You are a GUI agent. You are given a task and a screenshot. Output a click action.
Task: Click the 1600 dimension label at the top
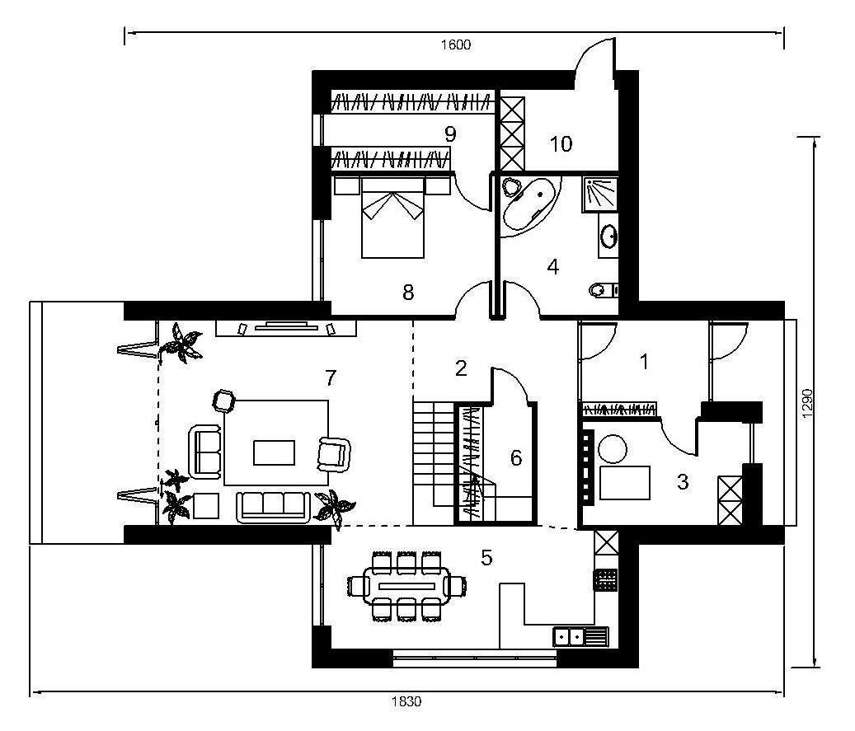click(456, 45)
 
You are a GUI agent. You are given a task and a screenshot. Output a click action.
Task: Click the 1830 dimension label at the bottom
click(406, 701)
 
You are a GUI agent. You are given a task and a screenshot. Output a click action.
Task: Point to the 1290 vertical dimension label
click(807, 403)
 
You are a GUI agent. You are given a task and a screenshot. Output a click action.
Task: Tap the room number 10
click(561, 144)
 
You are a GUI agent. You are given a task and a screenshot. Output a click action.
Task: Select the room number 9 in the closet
click(450, 134)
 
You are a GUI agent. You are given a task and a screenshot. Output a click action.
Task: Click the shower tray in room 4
click(600, 194)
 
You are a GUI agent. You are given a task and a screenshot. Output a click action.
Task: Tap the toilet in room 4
click(603, 289)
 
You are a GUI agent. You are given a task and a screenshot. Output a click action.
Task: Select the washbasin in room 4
click(608, 236)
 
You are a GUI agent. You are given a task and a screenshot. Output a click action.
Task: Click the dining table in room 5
click(406, 586)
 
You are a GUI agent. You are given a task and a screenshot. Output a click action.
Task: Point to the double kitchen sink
click(580, 637)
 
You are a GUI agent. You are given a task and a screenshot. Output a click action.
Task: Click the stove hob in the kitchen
click(605, 579)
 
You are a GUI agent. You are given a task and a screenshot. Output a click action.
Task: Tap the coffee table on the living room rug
click(275, 452)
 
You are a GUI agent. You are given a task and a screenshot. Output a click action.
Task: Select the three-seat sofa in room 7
click(273, 507)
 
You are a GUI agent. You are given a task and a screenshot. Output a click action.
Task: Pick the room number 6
click(516, 458)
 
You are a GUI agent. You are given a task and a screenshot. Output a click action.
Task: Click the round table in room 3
click(613, 449)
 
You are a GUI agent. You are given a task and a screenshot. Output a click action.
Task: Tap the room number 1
click(645, 362)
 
